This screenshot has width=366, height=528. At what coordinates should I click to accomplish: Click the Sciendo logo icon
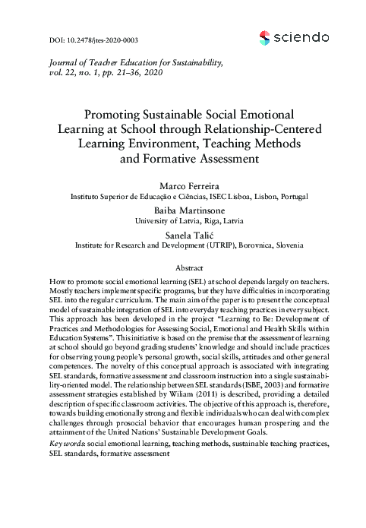[265, 37]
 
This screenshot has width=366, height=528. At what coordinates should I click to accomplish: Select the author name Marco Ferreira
[183, 185]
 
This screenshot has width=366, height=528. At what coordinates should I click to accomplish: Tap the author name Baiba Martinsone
[183, 210]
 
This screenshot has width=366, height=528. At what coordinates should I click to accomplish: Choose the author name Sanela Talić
[183, 235]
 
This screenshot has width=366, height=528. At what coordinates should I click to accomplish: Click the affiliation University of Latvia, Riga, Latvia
[183, 220]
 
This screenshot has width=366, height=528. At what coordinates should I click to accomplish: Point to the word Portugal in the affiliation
[292, 196]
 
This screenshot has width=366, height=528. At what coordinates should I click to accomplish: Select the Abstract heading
[183, 268]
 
